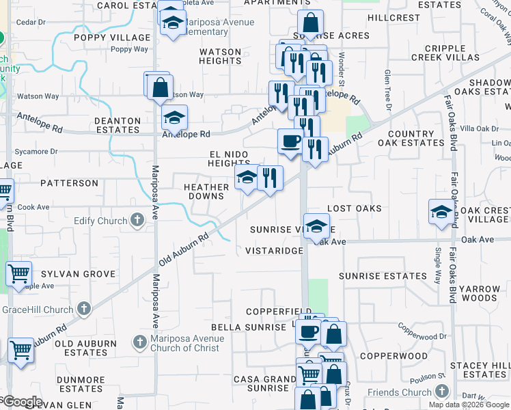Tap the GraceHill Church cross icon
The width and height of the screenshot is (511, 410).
coord(84,310)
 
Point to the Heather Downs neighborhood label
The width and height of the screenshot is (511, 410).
coord(206,191)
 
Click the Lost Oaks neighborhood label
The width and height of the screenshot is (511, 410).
coord(354,208)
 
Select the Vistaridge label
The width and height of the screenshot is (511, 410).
coord(274,251)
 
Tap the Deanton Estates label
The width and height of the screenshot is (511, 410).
coord(118,125)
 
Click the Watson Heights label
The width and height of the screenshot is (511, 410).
coord(220,56)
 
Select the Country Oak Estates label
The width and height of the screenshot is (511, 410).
coord(415,139)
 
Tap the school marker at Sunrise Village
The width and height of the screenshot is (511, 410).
coord(316,227)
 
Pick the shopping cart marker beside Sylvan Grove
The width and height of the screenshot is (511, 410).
coord(18,274)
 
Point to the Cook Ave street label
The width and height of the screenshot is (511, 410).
coord(33,207)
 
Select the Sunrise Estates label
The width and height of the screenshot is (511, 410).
coord(383,276)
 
